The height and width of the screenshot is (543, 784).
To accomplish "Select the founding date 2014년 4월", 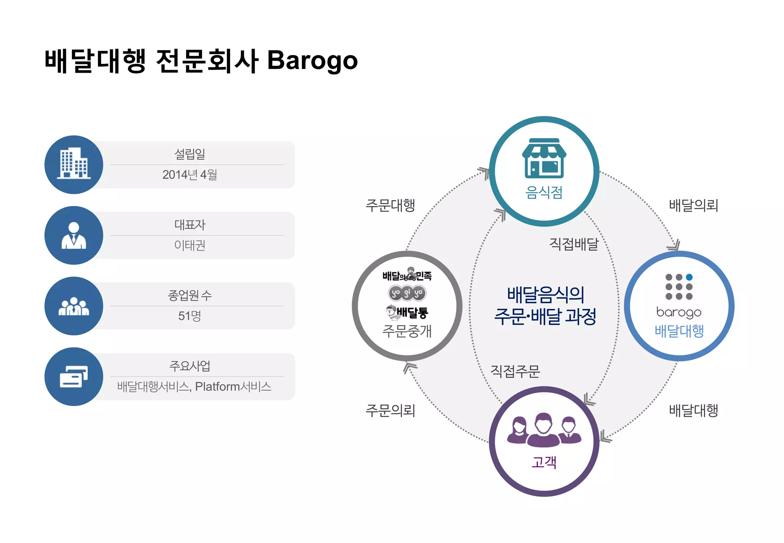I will tap(189, 175).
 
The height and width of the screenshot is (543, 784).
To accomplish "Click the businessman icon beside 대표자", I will tap(74, 235).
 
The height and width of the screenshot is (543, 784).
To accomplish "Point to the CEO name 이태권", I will tap(189, 245).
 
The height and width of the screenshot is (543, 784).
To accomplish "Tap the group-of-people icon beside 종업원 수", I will tap(74, 306).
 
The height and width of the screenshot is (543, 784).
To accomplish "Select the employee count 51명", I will tap(189, 316).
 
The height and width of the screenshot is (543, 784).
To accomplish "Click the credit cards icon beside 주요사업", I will tap(74, 376).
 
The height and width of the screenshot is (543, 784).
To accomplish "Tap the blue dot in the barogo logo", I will tap(689, 277).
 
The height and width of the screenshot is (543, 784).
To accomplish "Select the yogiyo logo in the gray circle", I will tap(407, 293).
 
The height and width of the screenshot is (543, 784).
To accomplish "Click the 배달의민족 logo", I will tap(407, 275).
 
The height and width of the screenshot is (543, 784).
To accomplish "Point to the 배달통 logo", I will tap(407, 312).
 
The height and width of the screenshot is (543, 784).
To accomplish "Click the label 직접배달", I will tap(573, 244).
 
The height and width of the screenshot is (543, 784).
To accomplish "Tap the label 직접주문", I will tap(515, 371).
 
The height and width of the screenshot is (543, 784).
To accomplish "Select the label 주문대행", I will tap(390, 205).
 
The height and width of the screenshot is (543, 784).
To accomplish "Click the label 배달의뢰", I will tap(693, 205).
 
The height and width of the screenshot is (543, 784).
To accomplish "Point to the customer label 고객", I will tap(544, 462).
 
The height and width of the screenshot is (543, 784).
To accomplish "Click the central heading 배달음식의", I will tap(545, 295).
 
